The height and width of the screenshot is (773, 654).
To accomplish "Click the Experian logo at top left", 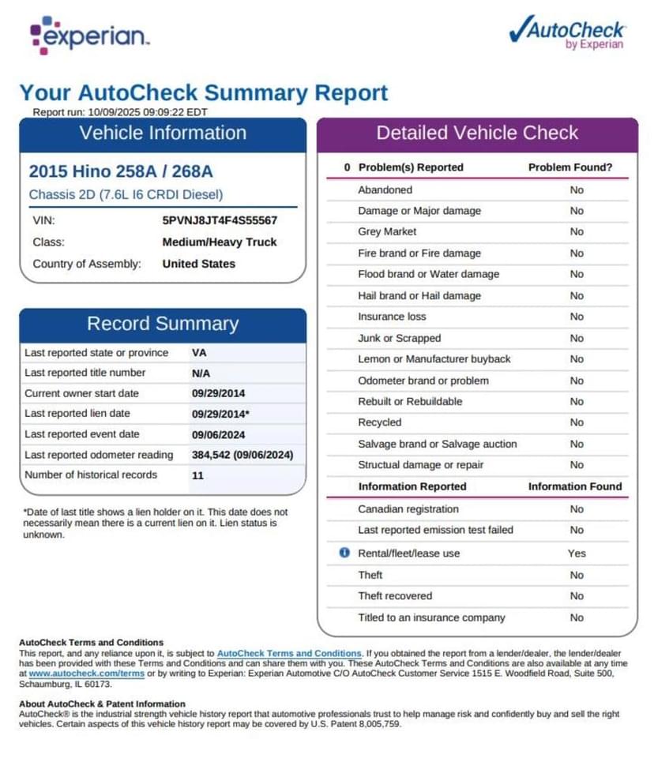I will coord(89,36).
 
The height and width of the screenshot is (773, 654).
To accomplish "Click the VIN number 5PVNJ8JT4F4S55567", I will coord(220,221).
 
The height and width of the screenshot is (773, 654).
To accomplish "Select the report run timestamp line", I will coord(120,112).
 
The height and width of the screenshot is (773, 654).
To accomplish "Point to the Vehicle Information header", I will coord(163,133).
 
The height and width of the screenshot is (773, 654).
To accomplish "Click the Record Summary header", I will coord(163,324).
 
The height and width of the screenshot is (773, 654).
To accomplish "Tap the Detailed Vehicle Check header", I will coord(477,133).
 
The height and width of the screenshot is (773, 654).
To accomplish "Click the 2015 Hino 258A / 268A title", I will coord(120,171).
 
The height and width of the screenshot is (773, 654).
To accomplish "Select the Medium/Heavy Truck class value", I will coord(220,242).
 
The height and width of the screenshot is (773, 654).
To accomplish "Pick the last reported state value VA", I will coord(199,353).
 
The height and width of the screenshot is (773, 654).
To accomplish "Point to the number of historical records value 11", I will coord(197,475).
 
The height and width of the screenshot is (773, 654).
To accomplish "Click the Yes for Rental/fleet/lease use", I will coord(577,553).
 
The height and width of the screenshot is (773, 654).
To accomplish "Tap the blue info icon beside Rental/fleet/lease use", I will coord(344,553).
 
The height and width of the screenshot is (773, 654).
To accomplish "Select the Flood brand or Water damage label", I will coord(428,274).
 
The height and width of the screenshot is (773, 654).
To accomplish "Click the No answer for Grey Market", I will coord(577,232).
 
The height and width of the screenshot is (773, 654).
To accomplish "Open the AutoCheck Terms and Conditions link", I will coord(289,654).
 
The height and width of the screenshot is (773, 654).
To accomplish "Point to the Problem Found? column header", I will coord(569,167).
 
